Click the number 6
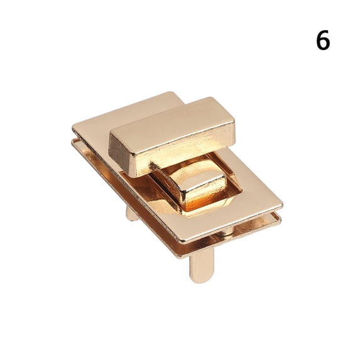(322, 41)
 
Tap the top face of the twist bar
(170, 122)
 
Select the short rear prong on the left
(131, 214)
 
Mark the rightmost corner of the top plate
(281, 205)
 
